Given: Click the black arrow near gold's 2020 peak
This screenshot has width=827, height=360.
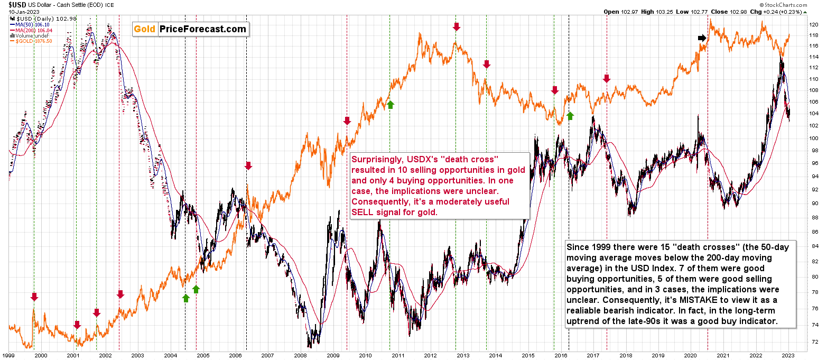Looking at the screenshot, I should point(702,38).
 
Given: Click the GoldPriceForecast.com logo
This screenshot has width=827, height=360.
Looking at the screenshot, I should point(190,29).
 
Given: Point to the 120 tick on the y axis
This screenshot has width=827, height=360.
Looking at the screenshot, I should point(814,25).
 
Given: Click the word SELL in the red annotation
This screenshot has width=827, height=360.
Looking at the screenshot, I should point(368,212).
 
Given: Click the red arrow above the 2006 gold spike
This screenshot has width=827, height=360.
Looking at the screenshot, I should point(248,166).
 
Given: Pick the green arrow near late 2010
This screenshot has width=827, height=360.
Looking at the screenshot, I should point(390,105).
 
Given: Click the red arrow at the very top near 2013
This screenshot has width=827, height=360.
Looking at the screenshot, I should point(457,26).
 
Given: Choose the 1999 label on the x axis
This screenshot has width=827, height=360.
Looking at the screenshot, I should point(9,356).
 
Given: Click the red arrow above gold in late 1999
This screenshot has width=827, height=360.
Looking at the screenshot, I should point(34,297).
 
